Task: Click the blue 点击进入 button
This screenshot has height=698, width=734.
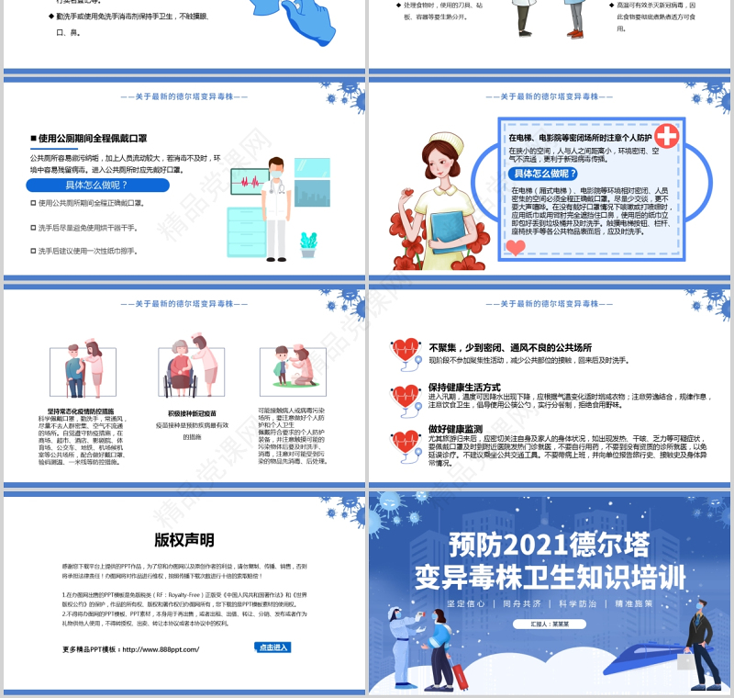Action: coord(272,647)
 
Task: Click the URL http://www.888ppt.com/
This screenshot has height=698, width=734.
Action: coord(160,649)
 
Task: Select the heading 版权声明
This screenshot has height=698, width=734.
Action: coord(183,539)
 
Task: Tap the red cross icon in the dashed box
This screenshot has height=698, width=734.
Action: coord(667,136)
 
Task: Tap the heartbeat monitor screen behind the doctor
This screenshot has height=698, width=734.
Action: coord(250,181)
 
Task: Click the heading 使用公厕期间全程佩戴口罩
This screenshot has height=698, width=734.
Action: coord(92,138)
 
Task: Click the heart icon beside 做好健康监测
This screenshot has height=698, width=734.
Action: coord(405,441)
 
